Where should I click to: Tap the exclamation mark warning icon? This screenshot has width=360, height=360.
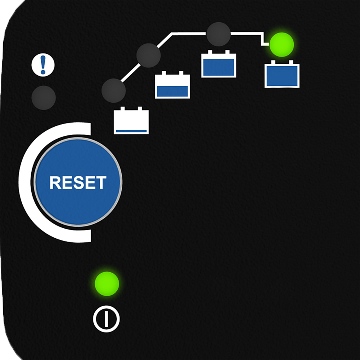43,65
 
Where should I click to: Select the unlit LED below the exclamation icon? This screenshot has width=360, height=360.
44,98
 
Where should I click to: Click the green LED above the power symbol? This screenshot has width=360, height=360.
107,284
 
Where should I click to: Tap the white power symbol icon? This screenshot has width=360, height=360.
106,319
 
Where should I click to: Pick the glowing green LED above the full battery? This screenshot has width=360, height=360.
282,45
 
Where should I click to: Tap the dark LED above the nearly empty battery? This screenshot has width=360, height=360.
113,90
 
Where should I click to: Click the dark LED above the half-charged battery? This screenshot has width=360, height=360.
148,55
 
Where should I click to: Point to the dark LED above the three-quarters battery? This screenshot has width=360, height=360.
219,34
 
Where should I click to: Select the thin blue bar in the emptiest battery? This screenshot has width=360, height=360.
131,131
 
